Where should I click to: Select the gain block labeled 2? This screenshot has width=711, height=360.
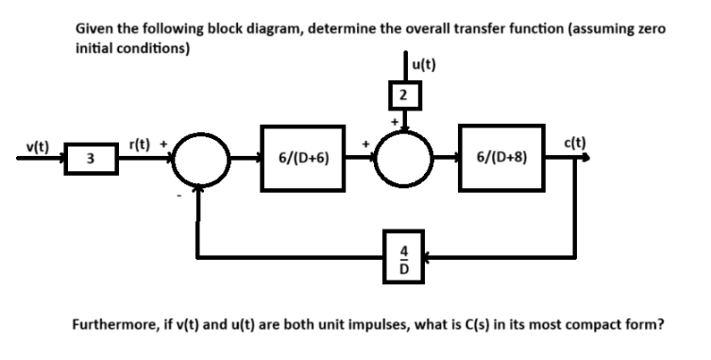point(405,94)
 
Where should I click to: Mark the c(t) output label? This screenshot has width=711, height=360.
point(574,144)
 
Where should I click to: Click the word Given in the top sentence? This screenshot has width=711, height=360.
point(93,30)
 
